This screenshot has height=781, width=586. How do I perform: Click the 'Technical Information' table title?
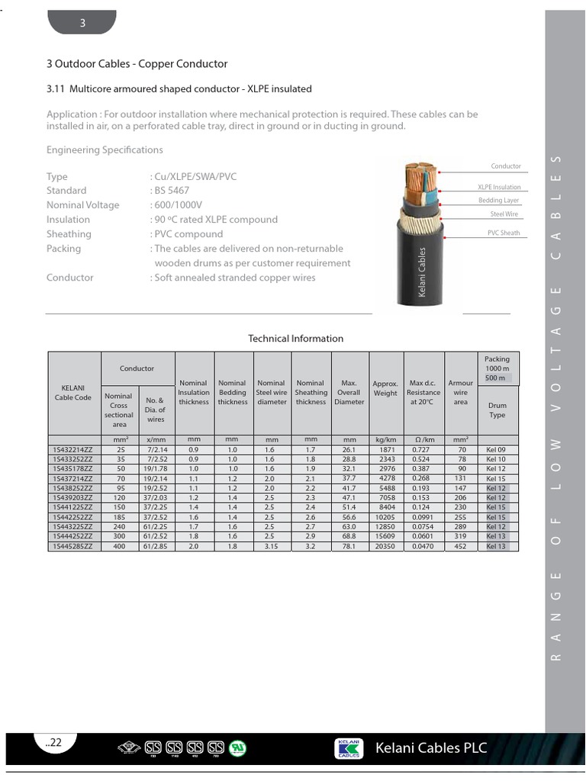[x=296, y=339]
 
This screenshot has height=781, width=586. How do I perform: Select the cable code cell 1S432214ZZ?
[x=73, y=450]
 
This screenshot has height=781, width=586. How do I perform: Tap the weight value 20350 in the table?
[x=385, y=546]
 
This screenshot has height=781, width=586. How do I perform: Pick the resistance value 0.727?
[x=423, y=450]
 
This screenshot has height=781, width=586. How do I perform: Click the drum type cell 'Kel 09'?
[x=496, y=450]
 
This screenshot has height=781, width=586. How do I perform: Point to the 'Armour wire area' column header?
[x=460, y=392]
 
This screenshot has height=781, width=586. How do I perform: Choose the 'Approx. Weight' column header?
[x=385, y=388]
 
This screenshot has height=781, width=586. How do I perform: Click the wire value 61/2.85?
[x=155, y=546]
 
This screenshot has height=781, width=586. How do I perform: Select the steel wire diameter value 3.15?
[x=272, y=546]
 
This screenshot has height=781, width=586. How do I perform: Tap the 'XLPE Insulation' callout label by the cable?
[x=499, y=187]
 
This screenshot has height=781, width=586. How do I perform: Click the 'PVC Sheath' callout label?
[x=504, y=233]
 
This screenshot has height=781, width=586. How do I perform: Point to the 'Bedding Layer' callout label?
[x=499, y=201]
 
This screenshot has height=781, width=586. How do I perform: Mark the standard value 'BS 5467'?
[x=172, y=191]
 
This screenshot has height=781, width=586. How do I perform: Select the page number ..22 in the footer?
[x=53, y=743]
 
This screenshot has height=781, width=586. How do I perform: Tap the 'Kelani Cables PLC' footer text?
[x=431, y=747]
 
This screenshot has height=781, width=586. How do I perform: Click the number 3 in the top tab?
[x=83, y=24]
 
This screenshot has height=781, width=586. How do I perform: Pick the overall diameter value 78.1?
[x=349, y=546]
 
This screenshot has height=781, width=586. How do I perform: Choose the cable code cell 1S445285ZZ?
[x=73, y=546]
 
